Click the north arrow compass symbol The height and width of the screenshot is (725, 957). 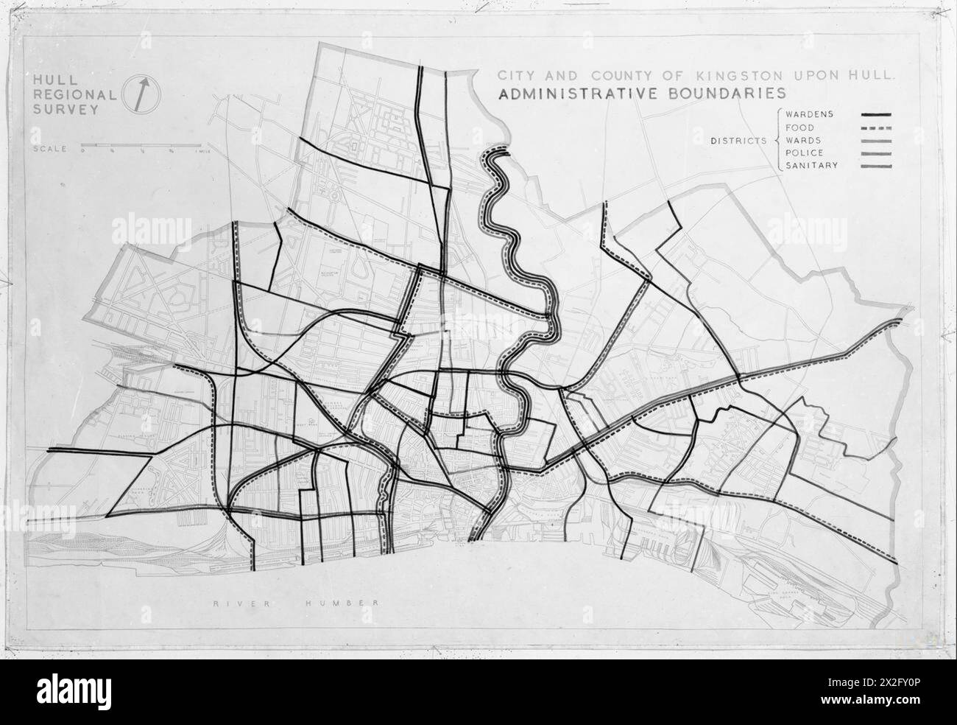[x=145, y=94]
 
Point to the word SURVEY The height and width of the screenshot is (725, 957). [x=57, y=110]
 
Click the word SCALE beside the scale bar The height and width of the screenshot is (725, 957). [x=49, y=148]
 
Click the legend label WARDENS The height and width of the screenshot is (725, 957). [x=808, y=114]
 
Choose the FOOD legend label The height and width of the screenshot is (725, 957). [x=798, y=127]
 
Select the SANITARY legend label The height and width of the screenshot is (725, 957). [x=811, y=166]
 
